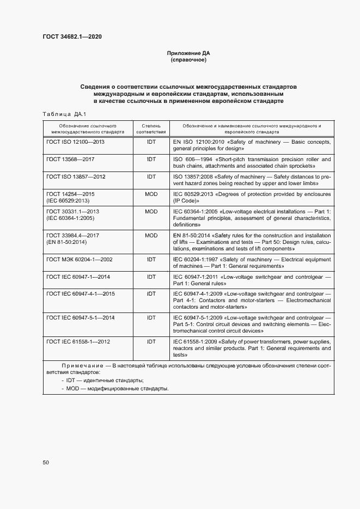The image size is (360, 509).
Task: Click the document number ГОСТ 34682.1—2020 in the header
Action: click(72, 37)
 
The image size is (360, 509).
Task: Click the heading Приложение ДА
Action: click(188, 53)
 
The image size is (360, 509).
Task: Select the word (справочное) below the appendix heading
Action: click(188, 60)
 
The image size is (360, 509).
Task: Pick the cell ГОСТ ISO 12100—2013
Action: click(76, 142)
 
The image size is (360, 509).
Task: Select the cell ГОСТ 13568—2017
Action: click(71, 160)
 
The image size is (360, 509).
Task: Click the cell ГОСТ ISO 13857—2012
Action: click(76, 177)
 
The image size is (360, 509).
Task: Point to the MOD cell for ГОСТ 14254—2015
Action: click(151, 194)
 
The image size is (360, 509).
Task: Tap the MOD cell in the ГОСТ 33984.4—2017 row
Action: click(151, 235)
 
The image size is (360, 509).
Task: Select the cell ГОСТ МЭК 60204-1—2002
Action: click(80, 260)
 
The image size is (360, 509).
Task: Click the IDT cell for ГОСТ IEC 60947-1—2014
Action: click(151, 277)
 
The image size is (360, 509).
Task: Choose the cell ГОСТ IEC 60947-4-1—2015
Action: click(81, 294)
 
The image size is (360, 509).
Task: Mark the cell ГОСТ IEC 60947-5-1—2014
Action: click(81, 317)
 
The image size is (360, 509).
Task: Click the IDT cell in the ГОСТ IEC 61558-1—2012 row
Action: click(151, 341)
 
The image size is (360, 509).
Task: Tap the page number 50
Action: click(46, 463)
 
